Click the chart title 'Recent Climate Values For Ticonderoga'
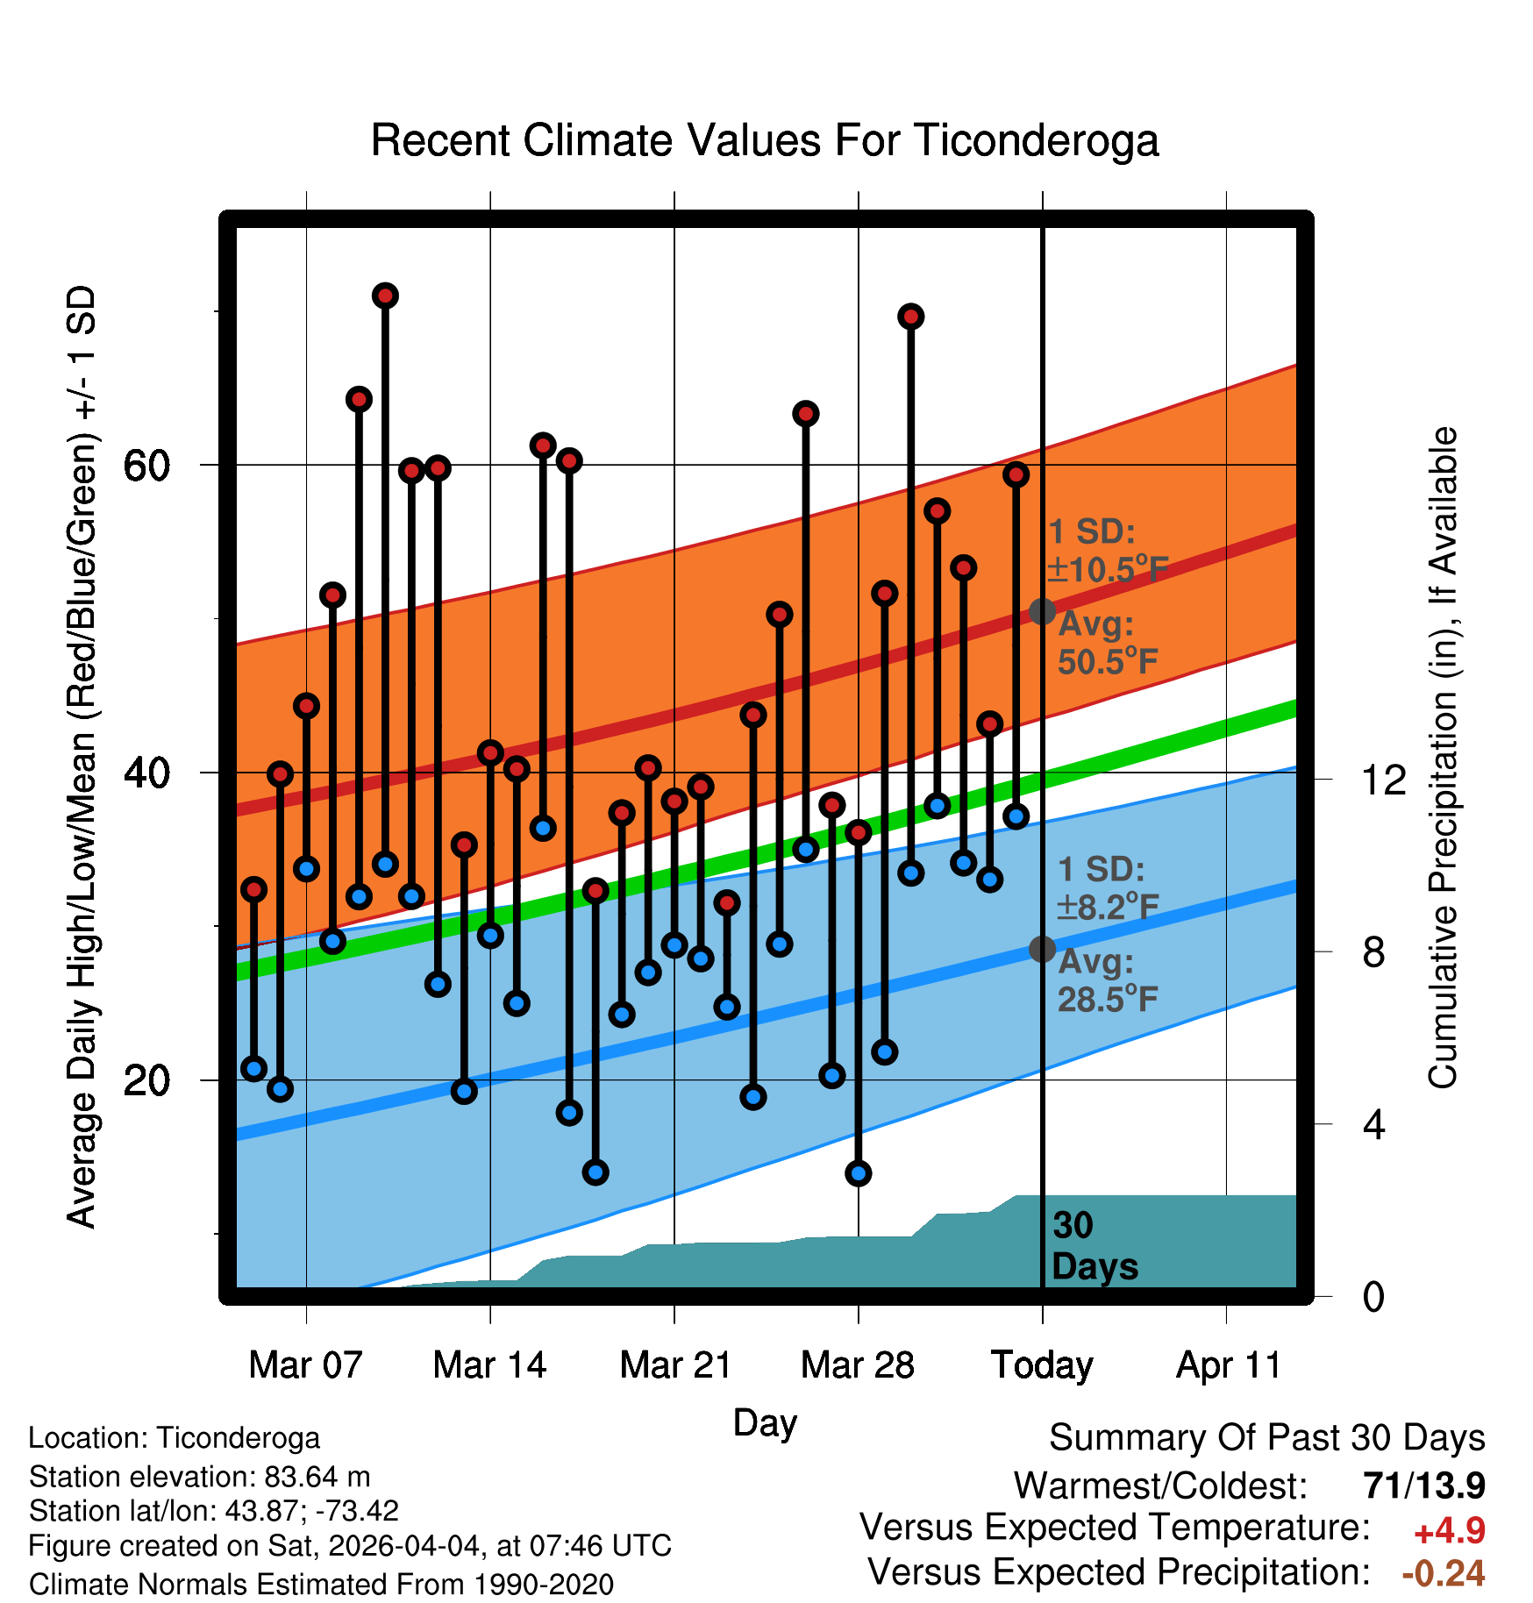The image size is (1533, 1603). pyautogui.click(x=765, y=140)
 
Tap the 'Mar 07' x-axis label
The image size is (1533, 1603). pyautogui.click(x=305, y=1364)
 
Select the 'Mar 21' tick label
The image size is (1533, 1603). pyautogui.click(x=675, y=1364)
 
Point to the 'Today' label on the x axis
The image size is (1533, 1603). pyautogui.click(x=1042, y=1365)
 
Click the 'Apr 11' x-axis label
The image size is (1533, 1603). pyautogui.click(x=1228, y=1365)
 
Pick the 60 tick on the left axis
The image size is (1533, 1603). pyautogui.click(x=146, y=466)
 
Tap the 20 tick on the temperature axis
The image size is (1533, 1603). pyautogui.click(x=146, y=1080)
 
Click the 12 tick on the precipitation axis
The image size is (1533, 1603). pyautogui.click(x=1383, y=779)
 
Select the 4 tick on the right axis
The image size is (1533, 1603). pyautogui.click(x=1373, y=1124)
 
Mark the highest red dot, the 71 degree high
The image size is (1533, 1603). pyautogui.click(x=385, y=296)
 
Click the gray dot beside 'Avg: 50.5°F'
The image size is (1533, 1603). pyautogui.click(x=1042, y=611)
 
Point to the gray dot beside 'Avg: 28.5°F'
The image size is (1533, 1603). pyautogui.click(x=1042, y=949)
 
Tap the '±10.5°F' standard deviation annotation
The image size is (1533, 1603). pyautogui.click(x=1108, y=570)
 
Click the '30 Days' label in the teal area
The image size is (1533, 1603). pyautogui.click(x=1094, y=1246)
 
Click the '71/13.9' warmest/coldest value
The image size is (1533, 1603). pyautogui.click(x=1424, y=1485)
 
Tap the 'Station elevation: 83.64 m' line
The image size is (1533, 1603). pyautogui.click(x=199, y=1477)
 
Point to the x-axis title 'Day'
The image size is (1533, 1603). pyautogui.click(x=765, y=1423)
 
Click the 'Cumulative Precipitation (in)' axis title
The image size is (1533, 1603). pyautogui.click(x=1443, y=758)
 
